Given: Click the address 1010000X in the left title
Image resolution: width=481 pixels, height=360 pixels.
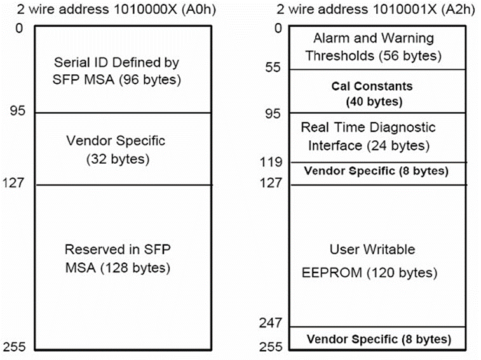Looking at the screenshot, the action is coord(146,9).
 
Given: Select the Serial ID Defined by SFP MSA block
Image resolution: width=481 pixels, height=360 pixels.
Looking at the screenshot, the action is coord(123,69).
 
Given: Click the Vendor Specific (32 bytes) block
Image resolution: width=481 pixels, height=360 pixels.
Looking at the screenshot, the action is coord(123,149).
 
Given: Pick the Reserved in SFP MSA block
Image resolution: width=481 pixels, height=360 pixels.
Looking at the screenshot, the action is coord(123,267).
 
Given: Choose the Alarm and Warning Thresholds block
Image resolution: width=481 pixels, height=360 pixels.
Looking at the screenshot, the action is coord(377,48).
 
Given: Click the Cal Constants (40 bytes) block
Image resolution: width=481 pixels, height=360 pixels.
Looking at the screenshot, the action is coord(377,91).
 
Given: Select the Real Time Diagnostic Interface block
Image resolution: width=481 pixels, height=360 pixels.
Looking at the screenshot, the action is coord(377,138).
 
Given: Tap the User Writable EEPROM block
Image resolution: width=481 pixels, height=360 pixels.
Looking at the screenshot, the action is coord(377,256).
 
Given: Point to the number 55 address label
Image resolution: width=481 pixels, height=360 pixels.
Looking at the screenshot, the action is coord(273,67).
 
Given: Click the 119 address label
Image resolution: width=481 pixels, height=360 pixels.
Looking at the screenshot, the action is coord(271,162).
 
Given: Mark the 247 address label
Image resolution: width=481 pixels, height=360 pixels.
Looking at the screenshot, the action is coord(270,323).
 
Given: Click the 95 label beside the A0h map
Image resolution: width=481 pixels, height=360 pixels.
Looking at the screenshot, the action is coord(17,110).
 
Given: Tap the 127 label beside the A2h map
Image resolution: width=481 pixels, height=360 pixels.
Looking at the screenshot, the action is coord(271,183).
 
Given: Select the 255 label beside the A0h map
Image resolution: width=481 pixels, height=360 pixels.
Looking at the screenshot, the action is coord(15,347).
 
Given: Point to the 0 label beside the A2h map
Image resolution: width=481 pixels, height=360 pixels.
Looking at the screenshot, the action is coord(278,28).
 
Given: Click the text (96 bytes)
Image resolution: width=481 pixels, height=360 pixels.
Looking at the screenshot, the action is coord(150,80).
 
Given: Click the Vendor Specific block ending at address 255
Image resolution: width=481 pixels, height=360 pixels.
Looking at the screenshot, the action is coord(377,338).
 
